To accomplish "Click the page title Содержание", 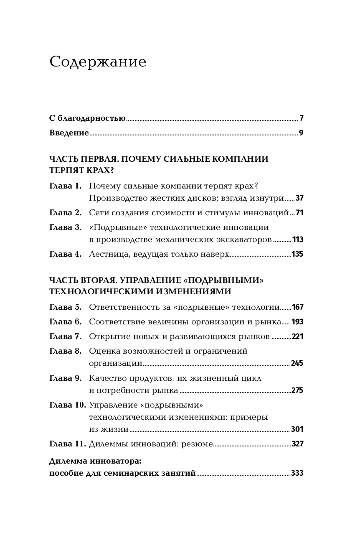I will [x=98, y=62].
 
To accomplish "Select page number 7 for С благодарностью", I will [x=301, y=118].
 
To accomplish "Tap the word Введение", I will [x=69, y=133].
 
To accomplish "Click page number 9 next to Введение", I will [x=301, y=133].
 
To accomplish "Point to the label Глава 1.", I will [x=65, y=186].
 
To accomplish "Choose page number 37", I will [x=299, y=198].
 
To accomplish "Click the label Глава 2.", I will [x=65, y=213].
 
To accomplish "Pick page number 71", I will [x=299, y=213].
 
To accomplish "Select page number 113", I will [x=298, y=240].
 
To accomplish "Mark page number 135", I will [x=297, y=254].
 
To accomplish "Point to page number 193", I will [x=297, y=322].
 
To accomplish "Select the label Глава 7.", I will [x=65, y=337].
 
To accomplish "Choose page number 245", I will [x=297, y=363].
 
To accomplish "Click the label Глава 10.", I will [x=67, y=405].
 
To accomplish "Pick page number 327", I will [x=297, y=444].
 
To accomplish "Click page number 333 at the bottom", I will [x=297, y=473].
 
